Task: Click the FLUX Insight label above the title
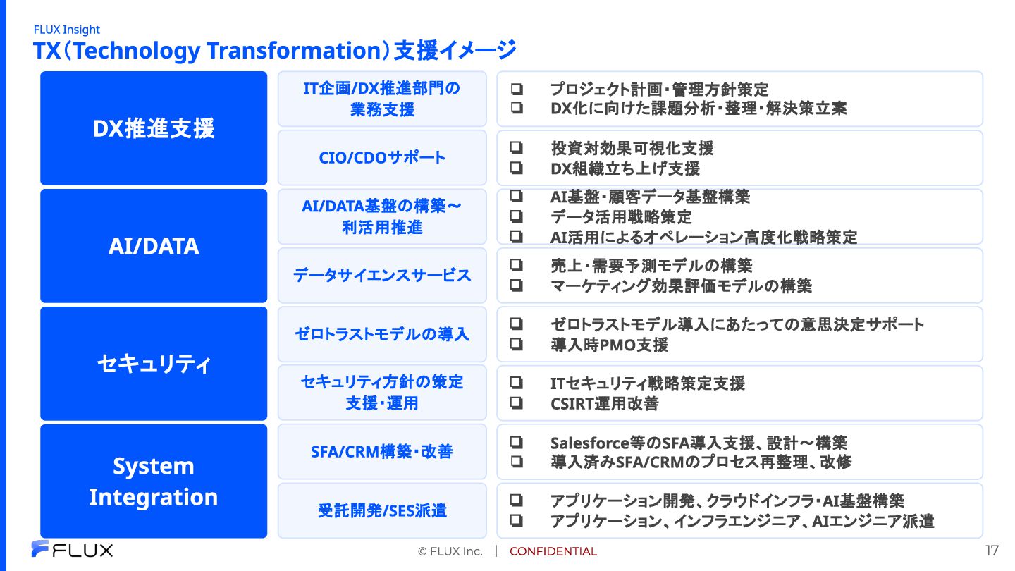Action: coord(66,30)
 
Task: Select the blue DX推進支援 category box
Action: coord(154,128)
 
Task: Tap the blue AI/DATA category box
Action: coord(154,246)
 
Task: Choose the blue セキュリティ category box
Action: coord(154,364)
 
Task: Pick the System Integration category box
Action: coord(154,481)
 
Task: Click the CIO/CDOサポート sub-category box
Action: coord(382,158)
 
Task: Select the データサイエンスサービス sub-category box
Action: coord(382,276)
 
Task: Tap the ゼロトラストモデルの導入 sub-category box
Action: coord(382,334)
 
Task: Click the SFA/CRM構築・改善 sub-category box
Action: coord(382,452)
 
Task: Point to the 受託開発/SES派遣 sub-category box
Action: coord(382,510)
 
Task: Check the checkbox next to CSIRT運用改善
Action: coord(517,403)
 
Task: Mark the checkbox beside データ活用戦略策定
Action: coord(517,216)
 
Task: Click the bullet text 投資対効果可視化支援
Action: coord(632,148)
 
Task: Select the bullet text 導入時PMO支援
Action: coord(610,345)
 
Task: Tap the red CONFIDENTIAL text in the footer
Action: coord(553,551)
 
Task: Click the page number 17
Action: coord(992,550)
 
